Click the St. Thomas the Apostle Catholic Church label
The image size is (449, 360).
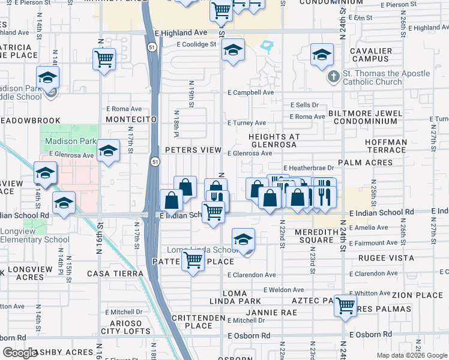point(387,78)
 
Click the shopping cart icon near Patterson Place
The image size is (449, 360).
point(193,260)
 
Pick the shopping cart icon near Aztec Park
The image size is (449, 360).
point(346,305)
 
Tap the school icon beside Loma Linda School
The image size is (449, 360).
point(243,239)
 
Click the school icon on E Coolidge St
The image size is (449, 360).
point(233,50)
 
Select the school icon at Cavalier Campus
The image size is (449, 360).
point(322,55)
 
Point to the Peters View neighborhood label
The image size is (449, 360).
point(193,149)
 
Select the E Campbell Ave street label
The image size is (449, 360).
point(250,93)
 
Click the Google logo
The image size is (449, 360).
point(20,352)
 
